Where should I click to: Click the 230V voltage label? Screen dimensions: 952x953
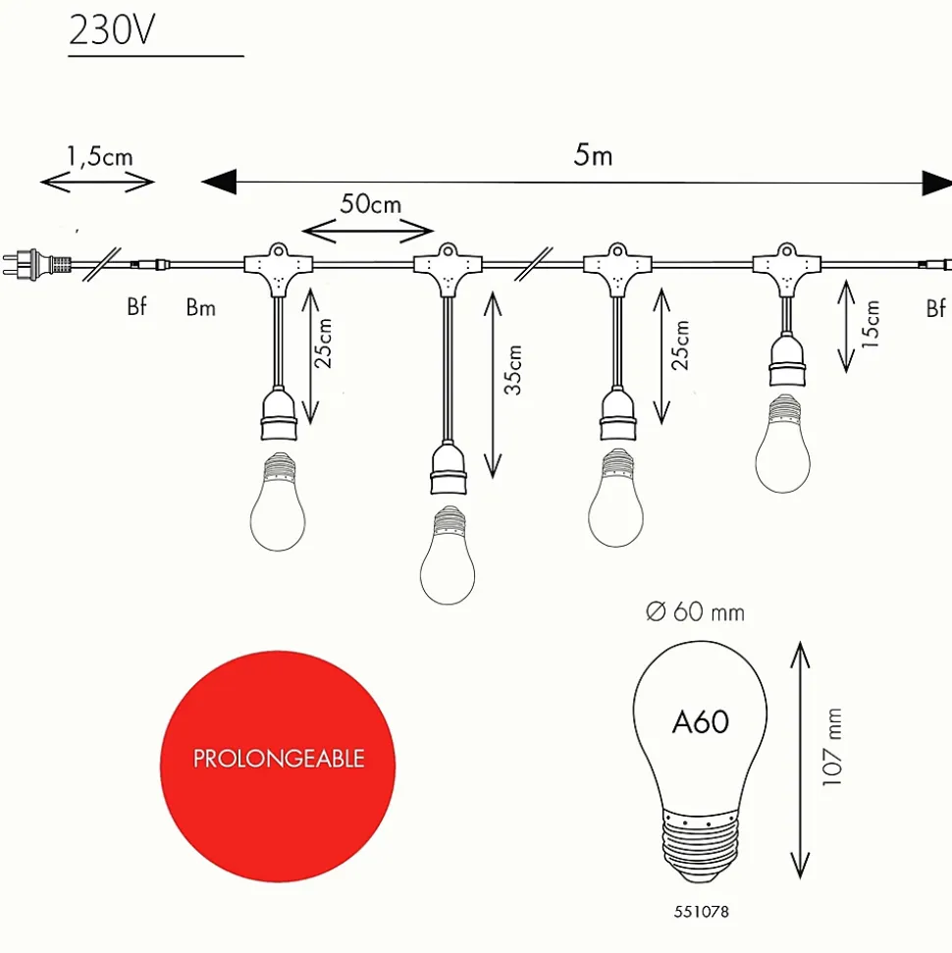112,29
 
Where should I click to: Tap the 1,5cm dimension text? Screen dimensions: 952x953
100,156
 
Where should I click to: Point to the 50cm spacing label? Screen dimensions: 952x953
370,203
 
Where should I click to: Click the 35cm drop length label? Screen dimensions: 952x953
512,370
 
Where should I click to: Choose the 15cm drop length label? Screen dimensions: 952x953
870,324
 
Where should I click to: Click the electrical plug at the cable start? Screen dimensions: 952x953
36,263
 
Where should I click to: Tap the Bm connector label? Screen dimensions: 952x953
200,307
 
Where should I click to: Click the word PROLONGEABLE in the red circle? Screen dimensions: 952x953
279,759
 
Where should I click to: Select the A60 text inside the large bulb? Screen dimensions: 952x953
701,722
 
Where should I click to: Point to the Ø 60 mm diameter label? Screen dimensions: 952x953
695,611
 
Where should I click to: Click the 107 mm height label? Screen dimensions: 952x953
831,747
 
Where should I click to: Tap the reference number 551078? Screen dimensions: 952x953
701,912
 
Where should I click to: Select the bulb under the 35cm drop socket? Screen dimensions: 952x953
448,555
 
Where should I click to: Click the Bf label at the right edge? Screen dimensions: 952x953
935,308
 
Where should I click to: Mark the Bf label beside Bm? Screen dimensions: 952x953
136,305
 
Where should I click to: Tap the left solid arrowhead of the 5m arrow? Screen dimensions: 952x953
219,182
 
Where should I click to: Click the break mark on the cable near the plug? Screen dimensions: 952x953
101,264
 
